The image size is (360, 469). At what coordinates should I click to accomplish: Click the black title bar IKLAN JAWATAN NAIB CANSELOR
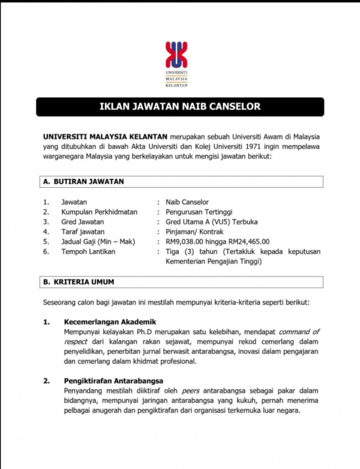[180, 107]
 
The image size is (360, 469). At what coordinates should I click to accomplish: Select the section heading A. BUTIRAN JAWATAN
[83, 181]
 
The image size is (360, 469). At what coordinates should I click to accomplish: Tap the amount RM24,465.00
[246, 241]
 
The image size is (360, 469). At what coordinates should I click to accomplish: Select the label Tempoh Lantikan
[88, 251]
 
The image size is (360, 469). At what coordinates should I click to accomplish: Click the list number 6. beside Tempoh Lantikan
[46, 251]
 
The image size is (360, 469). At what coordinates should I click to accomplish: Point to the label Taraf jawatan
[83, 232]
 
